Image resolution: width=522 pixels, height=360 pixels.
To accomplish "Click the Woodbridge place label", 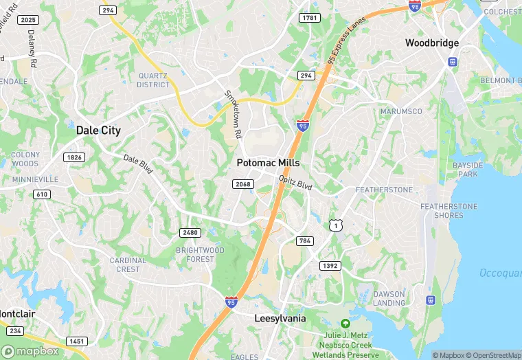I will tap(431, 43).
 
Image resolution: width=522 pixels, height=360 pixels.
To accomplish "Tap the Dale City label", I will tap(98, 130).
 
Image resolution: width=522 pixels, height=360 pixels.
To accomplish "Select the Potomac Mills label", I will tap(268, 163).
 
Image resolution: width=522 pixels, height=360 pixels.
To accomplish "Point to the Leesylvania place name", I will tap(280, 319).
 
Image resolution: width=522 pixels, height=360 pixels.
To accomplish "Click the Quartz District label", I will tap(152, 80).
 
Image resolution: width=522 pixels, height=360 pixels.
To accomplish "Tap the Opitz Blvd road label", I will tap(295, 181).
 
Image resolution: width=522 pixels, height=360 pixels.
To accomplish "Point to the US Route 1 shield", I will tap(335, 225).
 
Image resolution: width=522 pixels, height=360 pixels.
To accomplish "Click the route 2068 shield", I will tap(244, 184).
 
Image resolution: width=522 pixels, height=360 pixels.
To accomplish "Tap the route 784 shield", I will tap(305, 241).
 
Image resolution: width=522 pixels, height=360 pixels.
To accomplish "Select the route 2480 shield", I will tap(190, 233).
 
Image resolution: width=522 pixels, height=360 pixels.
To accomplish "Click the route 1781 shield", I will tap(310, 17).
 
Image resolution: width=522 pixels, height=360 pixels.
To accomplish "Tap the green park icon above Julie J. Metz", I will tap(345, 324).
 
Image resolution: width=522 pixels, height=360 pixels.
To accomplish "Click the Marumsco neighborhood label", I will tap(398, 111).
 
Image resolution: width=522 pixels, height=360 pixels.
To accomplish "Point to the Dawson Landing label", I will tap(389, 298).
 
